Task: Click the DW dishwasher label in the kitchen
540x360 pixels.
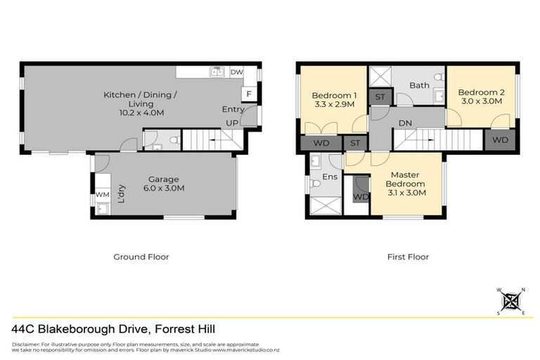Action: coord(236,72)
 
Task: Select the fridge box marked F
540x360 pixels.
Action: coord(248,95)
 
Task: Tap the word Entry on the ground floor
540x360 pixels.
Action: coord(233,110)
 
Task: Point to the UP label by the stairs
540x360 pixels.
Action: coord(233,122)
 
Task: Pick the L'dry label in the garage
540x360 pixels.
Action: coord(122,193)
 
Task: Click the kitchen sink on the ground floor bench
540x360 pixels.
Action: coord(216,71)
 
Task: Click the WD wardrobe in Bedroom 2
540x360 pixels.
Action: coord(500,140)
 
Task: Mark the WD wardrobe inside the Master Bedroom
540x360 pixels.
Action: coord(360,197)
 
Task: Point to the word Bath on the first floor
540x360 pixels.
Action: coord(419,86)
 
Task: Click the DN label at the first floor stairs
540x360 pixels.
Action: coord(404,122)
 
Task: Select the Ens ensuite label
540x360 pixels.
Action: coord(330,177)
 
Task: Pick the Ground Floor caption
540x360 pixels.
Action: coord(141,257)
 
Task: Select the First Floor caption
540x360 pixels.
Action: coord(408,257)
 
